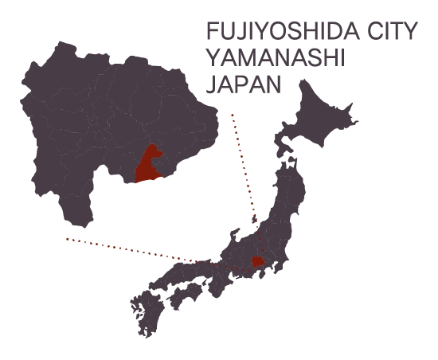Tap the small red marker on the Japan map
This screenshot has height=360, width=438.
(x=257, y=261)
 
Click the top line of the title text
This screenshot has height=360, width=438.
(x=311, y=33)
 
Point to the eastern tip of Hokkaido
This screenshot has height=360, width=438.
(x=360, y=119)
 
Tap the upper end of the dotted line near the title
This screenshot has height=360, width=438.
(x=229, y=114)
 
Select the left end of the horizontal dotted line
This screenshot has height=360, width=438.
(x=65, y=237)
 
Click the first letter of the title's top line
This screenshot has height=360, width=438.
(x=212, y=33)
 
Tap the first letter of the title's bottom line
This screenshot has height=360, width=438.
(x=212, y=82)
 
